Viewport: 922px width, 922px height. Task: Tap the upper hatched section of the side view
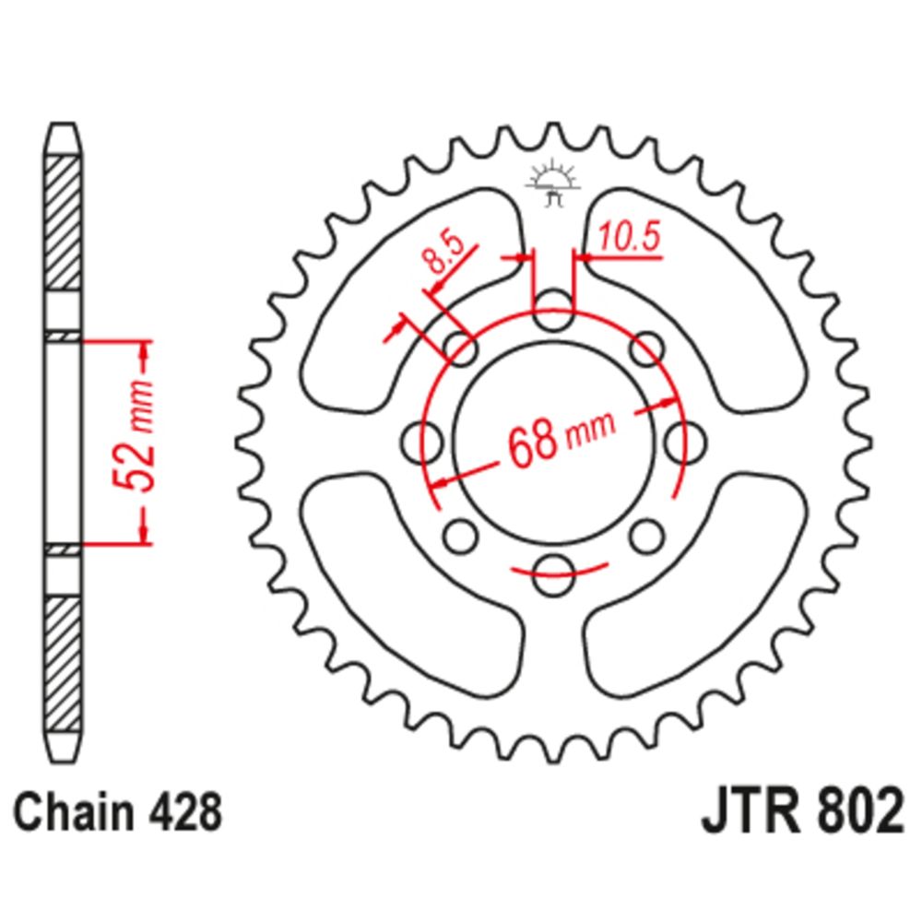(64, 226)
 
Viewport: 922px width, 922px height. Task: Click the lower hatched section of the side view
(64, 659)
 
